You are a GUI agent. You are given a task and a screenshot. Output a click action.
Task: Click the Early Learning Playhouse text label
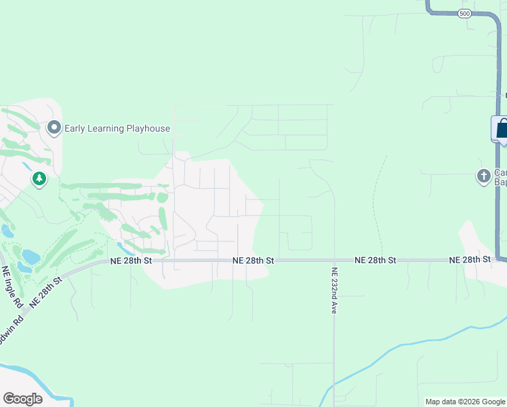[117, 128]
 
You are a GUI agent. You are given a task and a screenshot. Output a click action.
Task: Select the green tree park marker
[39, 179]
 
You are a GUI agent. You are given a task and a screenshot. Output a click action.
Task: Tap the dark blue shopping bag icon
[502, 128]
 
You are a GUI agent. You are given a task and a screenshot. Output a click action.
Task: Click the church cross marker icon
[483, 176]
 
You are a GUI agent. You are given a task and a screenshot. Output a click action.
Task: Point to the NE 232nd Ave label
[334, 290]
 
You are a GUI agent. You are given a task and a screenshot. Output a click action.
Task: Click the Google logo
[22, 399]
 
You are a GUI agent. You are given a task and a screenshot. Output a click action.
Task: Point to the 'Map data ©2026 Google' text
[465, 402]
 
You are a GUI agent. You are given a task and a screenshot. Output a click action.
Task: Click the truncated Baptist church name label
[499, 176]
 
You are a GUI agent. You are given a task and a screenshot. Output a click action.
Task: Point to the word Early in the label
[77, 128]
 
